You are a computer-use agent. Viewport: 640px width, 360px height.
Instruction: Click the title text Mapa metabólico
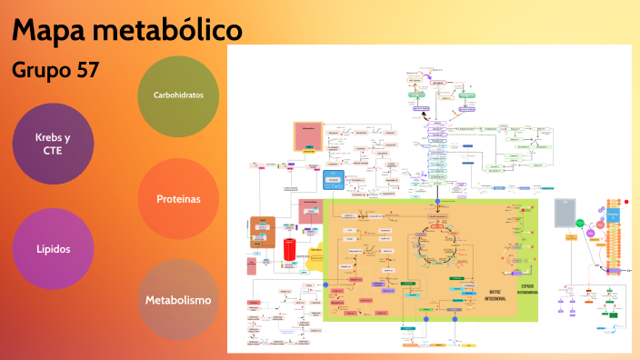tap(127, 30)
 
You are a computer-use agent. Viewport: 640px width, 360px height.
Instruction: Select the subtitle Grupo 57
tap(55, 69)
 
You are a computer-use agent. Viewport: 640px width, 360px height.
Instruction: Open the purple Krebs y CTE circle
tap(53, 144)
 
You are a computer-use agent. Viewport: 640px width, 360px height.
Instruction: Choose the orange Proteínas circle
tap(178, 199)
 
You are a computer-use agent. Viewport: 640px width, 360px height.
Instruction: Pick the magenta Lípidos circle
tap(53, 248)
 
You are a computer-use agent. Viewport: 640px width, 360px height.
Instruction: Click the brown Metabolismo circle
tap(178, 300)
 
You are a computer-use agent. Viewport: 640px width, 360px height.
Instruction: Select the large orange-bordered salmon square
tap(308, 137)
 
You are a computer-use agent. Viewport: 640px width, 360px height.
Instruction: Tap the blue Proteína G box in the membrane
tap(613, 216)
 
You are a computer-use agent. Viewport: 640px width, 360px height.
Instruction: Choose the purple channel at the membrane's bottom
tap(614, 270)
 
